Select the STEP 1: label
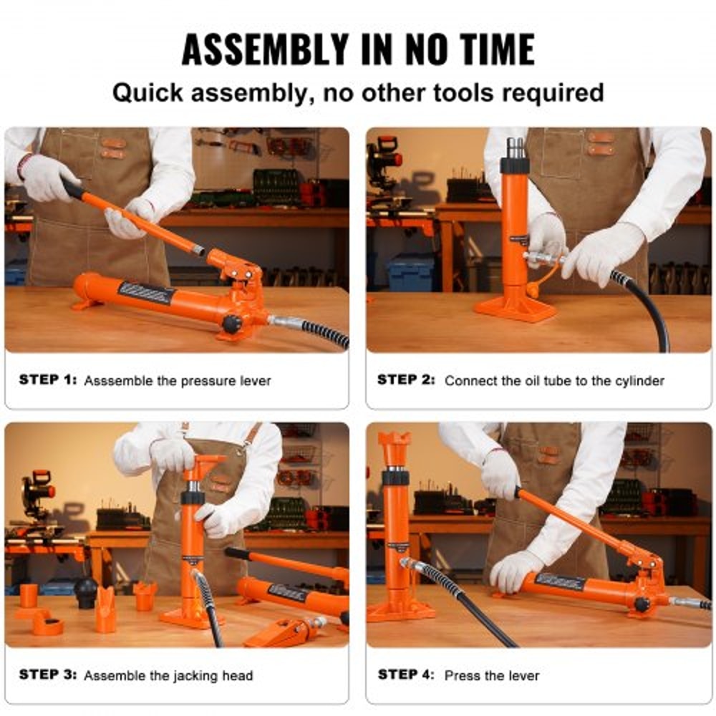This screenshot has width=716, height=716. pos(47,380)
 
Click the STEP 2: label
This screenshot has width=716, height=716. pos(406,380)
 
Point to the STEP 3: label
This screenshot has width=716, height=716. pos(47,674)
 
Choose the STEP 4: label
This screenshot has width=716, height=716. pos(406,674)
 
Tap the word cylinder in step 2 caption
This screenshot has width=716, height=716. pos(640,381)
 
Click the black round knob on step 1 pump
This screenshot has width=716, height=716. pos(231,324)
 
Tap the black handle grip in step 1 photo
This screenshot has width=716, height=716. pos(72,188)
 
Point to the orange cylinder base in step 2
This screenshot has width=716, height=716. pos(516,308)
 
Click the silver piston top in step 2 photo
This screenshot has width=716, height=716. pos(516,147)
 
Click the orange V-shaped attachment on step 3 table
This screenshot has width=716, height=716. pos(106,607)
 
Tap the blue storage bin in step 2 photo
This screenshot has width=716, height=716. pos(410,272)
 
